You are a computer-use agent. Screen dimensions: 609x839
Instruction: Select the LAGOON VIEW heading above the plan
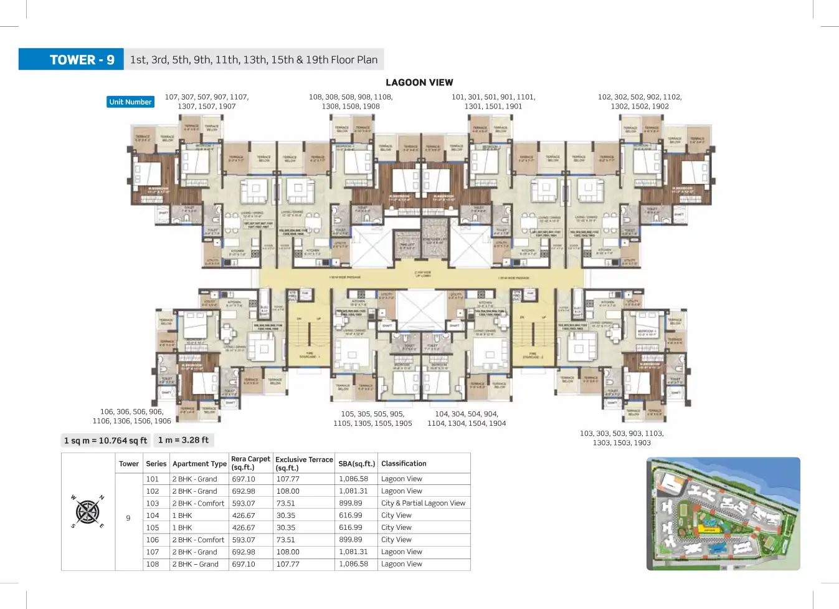(x=419, y=82)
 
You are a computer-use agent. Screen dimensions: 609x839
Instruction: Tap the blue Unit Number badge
(x=130, y=102)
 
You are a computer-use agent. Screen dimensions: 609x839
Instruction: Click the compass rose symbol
(x=88, y=512)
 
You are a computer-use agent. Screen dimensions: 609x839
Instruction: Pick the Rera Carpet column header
(x=250, y=463)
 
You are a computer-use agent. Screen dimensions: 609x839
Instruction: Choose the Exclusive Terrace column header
(x=304, y=463)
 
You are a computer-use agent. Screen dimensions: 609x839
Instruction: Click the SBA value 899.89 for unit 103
(x=351, y=503)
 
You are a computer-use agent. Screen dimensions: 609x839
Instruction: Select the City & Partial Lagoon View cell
(x=423, y=503)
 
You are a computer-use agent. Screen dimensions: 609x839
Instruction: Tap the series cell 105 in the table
(x=153, y=527)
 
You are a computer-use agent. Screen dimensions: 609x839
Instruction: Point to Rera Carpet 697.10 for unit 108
(x=244, y=564)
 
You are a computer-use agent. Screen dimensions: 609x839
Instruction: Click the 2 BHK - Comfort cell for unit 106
(x=198, y=540)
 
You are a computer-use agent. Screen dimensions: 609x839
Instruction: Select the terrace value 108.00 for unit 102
(x=288, y=491)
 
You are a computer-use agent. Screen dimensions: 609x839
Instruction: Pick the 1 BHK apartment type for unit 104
(x=182, y=515)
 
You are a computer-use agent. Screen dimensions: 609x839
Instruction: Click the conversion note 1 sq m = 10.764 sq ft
(x=105, y=441)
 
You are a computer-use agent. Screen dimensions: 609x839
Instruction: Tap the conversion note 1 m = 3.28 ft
(x=183, y=440)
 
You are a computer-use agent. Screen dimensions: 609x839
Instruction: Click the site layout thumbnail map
(x=723, y=514)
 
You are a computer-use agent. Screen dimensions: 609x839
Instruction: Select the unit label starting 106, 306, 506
(x=131, y=416)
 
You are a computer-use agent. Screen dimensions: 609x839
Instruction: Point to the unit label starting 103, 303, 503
(x=622, y=438)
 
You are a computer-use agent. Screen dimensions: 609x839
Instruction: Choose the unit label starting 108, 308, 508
(x=351, y=102)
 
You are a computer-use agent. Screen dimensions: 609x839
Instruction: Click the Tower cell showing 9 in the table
(x=128, y=518)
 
